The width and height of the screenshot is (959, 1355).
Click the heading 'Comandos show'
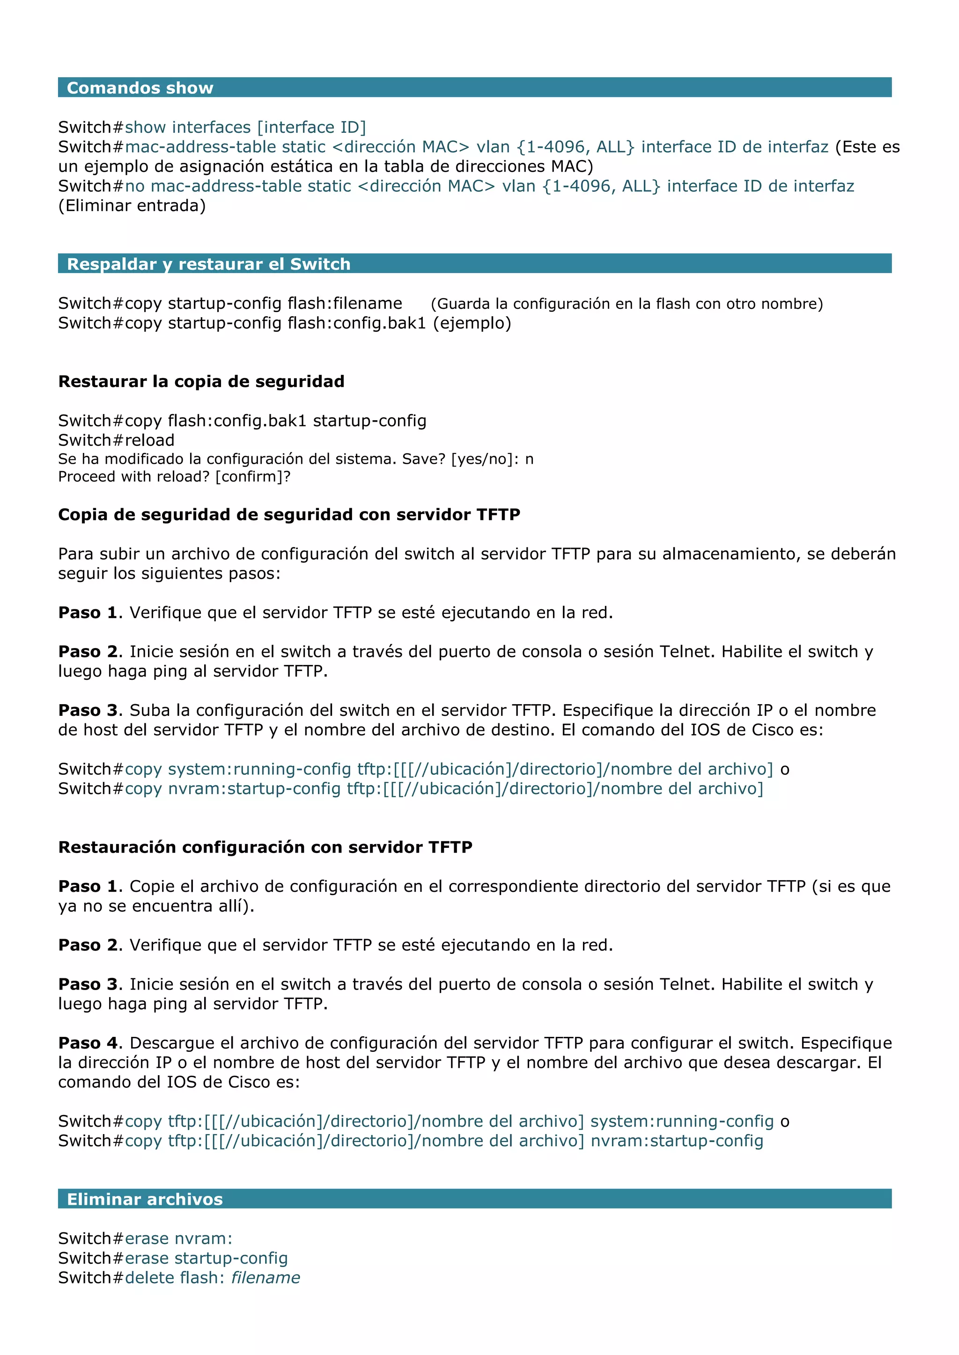[x=140, y=88]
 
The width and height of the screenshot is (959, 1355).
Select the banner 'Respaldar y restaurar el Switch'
[x=208, y=264]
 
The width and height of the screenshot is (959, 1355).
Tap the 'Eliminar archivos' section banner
[x=145, y=1199]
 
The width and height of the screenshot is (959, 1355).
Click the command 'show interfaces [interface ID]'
[x=245, y=127]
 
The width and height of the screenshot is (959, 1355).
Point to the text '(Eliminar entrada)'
[x=132, y=206]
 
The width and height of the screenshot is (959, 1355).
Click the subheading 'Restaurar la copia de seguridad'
[x=201, y=381]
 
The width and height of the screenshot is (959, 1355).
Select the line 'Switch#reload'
[x=116, y=440]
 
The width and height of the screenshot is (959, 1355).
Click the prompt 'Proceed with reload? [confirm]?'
[x=174, y=477]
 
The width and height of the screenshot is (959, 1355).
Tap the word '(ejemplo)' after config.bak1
[x=472, y=323]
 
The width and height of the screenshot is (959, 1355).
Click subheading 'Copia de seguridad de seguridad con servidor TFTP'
[x=289, y=515]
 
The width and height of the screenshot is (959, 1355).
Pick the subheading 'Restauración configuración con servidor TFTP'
[x=265, y=847]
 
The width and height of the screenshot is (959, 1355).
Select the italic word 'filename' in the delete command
[x=265, y=1278]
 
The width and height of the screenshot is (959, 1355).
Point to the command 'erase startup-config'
[x=206, y=1258]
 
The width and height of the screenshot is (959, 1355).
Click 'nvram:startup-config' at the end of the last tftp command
[x=677, y=1141]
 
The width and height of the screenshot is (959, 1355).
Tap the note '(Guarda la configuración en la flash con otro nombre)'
[x=627, y=304]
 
